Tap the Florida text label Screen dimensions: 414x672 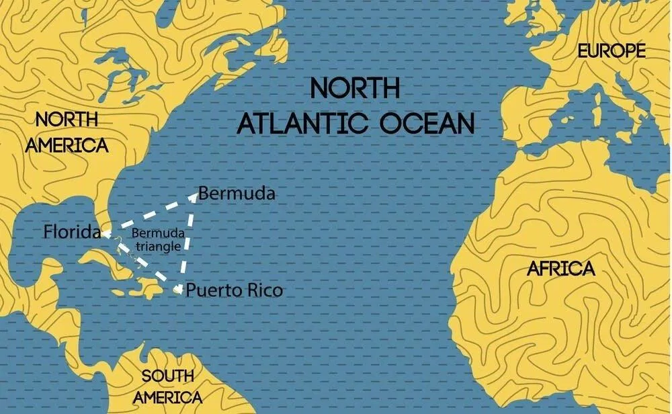point(72,233)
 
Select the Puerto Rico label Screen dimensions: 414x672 point(234,290)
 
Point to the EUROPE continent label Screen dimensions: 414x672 point(612,51)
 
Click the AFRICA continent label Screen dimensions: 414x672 point(561,269)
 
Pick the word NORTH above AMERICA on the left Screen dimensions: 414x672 point(67,120)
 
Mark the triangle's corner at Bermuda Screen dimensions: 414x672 point(196,196)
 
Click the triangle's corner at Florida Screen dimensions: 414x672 point(106,234)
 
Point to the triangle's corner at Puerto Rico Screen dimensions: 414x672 point(178,290)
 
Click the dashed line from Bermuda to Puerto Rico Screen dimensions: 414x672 point(187,242)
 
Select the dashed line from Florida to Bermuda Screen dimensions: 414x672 point(151,214)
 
